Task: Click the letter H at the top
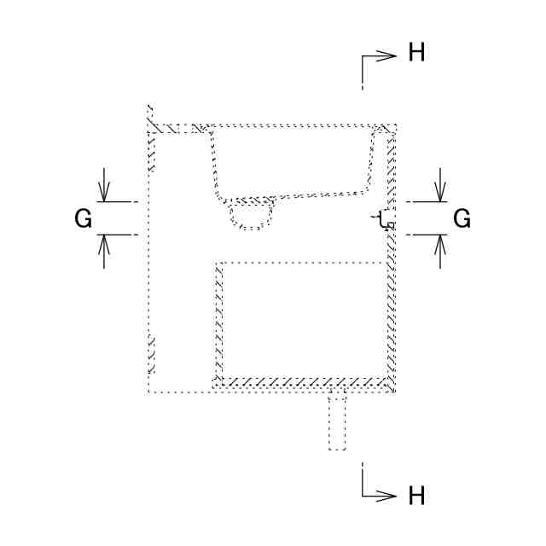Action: tap(417, 54)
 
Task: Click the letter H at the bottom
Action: tap(417, 496)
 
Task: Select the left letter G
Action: tap(84, 219)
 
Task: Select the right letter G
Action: tap(462, 219)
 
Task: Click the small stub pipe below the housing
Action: tap(338, 422)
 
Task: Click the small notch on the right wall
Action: tap(385, 221)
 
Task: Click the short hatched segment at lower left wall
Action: tap(152, 354)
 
